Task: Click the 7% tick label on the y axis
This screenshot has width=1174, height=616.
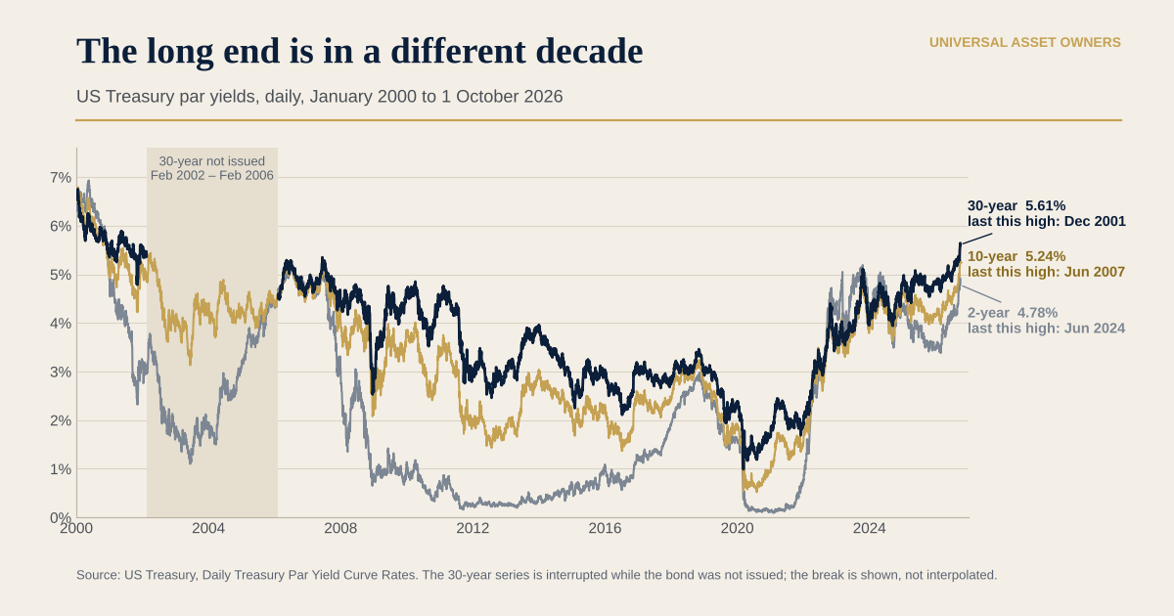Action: click(x=61, y=178)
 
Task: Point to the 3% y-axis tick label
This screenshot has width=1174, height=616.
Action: click(x=61, y=372)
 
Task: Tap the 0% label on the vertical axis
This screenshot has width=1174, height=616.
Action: click(x=61, y=517)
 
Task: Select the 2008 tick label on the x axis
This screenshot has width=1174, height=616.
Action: click(x=340, y=528)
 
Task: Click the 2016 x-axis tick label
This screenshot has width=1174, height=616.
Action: click(x=605, y=528)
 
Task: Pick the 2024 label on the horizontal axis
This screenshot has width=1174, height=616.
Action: click(x=869, y=528)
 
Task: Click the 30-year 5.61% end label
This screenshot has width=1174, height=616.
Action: click(x=1016, y=205)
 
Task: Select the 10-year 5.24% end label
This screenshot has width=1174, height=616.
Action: click(x=1016, y=256)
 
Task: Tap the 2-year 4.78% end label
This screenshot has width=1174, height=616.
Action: click(x=1013, y=313)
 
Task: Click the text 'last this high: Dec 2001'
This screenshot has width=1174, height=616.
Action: click(x=1047, y=221)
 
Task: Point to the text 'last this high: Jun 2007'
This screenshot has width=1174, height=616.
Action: click(x=1046, y=272)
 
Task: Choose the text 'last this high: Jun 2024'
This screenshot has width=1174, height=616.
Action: click(x=1046, y=329)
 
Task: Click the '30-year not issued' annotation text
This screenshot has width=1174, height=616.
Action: click(x=211, y=161)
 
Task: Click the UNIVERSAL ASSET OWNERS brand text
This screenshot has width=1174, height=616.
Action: click(x=1025, y=42)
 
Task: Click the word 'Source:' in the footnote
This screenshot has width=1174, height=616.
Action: click(x=99, y=575)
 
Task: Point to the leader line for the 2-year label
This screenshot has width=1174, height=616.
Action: click(x=981, y=294)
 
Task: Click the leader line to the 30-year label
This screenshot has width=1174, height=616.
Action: click(x=977, y=239)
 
